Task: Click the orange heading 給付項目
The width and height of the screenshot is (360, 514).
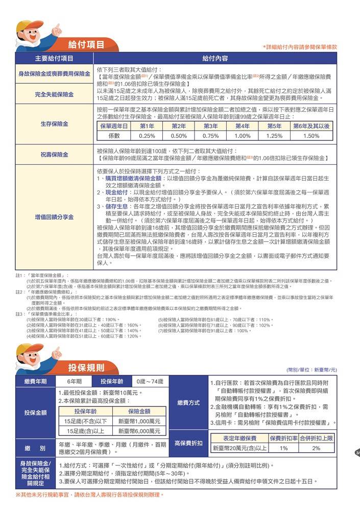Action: (86, 44)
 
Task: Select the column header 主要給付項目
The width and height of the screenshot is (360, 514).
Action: (54, 58)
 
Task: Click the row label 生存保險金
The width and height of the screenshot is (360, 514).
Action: (54, 124)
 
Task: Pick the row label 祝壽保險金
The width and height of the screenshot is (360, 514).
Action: (54, 154)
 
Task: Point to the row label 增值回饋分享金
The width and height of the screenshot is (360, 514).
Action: (54, 217)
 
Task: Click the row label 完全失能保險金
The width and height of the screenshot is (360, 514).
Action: (54, 94)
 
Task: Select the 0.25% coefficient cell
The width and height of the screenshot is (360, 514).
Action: (147, 136)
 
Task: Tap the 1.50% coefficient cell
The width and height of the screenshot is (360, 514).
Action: (311, 136)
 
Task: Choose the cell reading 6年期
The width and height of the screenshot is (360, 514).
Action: (75, 381)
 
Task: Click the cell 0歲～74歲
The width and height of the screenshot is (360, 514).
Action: (150, 381)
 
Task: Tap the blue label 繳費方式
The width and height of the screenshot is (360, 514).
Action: (188, 403)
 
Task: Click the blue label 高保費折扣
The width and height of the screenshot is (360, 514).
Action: (188, 443)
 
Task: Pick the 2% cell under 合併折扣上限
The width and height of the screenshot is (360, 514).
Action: (316, 448)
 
